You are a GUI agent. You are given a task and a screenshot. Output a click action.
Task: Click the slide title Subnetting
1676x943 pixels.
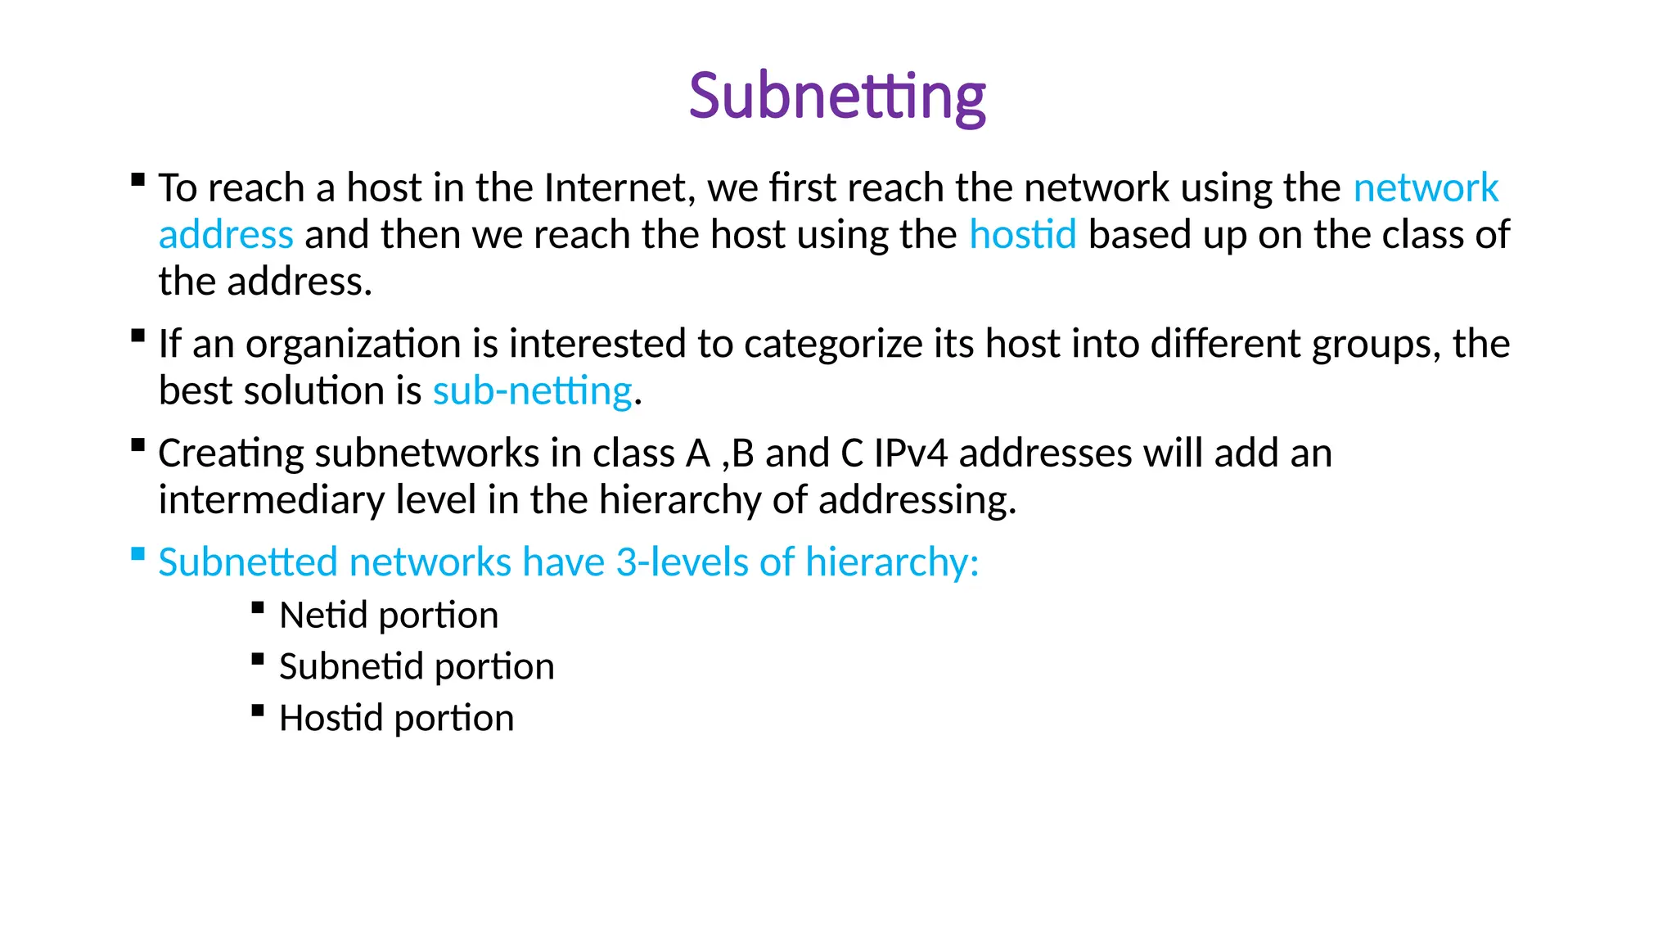837,96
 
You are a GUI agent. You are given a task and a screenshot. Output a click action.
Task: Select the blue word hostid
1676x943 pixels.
1022,235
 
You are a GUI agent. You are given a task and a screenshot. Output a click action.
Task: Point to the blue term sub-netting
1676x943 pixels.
532,391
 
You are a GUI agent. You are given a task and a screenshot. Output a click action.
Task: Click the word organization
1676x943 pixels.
354,344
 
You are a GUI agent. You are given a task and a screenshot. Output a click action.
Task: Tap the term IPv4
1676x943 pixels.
911,453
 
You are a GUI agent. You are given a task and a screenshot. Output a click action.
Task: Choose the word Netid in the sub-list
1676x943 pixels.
322,616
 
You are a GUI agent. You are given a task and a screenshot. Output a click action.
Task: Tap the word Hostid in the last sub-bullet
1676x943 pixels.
331,718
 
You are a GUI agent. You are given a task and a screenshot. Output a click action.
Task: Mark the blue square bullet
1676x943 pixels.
138,554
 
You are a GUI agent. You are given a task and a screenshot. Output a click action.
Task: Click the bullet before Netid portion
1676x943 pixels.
258,607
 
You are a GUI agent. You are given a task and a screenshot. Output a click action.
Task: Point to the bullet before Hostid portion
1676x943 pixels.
258,711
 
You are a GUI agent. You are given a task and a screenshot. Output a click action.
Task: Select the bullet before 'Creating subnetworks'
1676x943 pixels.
138,445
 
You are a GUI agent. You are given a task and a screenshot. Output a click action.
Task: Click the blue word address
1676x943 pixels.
226,235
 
